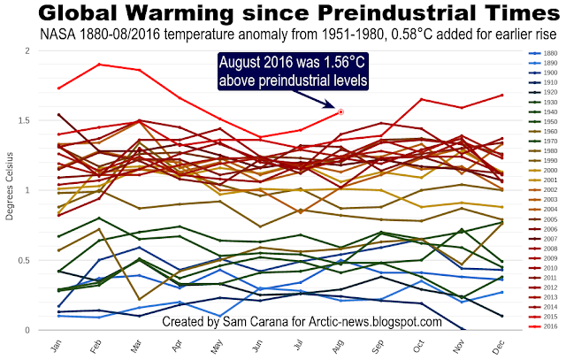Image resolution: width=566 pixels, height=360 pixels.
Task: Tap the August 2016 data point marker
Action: tap(340, 112)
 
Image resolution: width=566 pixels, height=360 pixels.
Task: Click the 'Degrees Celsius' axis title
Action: tap(10, 190)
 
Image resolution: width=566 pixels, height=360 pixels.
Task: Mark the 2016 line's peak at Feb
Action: tap(99, 65)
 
